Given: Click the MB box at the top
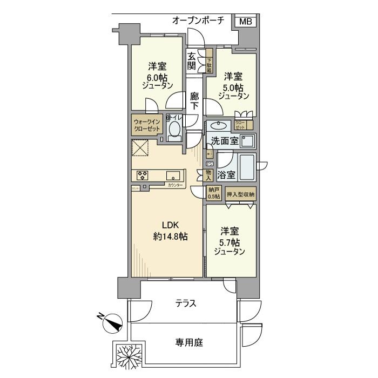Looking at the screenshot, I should (245, 22).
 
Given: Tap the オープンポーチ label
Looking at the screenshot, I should (199, 21).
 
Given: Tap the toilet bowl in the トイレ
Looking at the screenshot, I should (174, 130).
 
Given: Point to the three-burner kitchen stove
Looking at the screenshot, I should (143, 175).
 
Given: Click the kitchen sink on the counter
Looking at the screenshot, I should (173, 175).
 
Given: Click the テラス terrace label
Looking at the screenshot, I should (186, 303).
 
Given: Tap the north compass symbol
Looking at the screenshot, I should (112, 322).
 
